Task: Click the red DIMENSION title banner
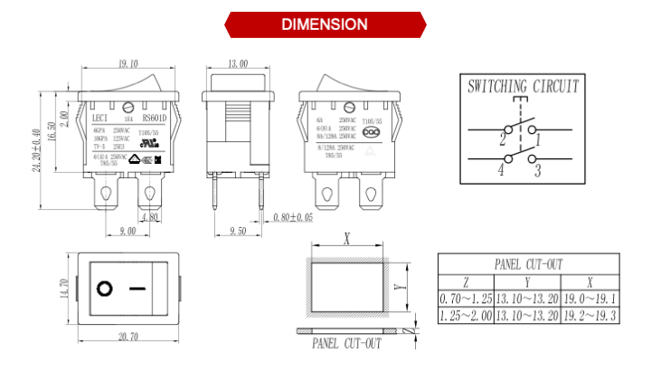[325, 24]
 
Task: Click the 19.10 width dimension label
[128, 64]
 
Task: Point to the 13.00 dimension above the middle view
[238, 64]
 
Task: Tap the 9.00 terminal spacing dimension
[127, 232]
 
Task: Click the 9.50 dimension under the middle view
[238, 232]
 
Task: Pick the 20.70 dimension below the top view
[128, 337]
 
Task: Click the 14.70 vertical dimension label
[63, 289]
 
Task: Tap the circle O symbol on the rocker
[105, 289]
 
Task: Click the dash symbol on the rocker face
[137, 289]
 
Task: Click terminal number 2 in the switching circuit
[502, 140]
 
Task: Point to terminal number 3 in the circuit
[536, 170]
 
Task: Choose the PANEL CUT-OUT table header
[528, 264]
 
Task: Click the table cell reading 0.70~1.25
[466, 299]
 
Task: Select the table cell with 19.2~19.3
[590, 316]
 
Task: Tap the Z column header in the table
[466, 281]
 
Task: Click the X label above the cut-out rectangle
[347, 240]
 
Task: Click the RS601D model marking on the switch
[153, 118]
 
